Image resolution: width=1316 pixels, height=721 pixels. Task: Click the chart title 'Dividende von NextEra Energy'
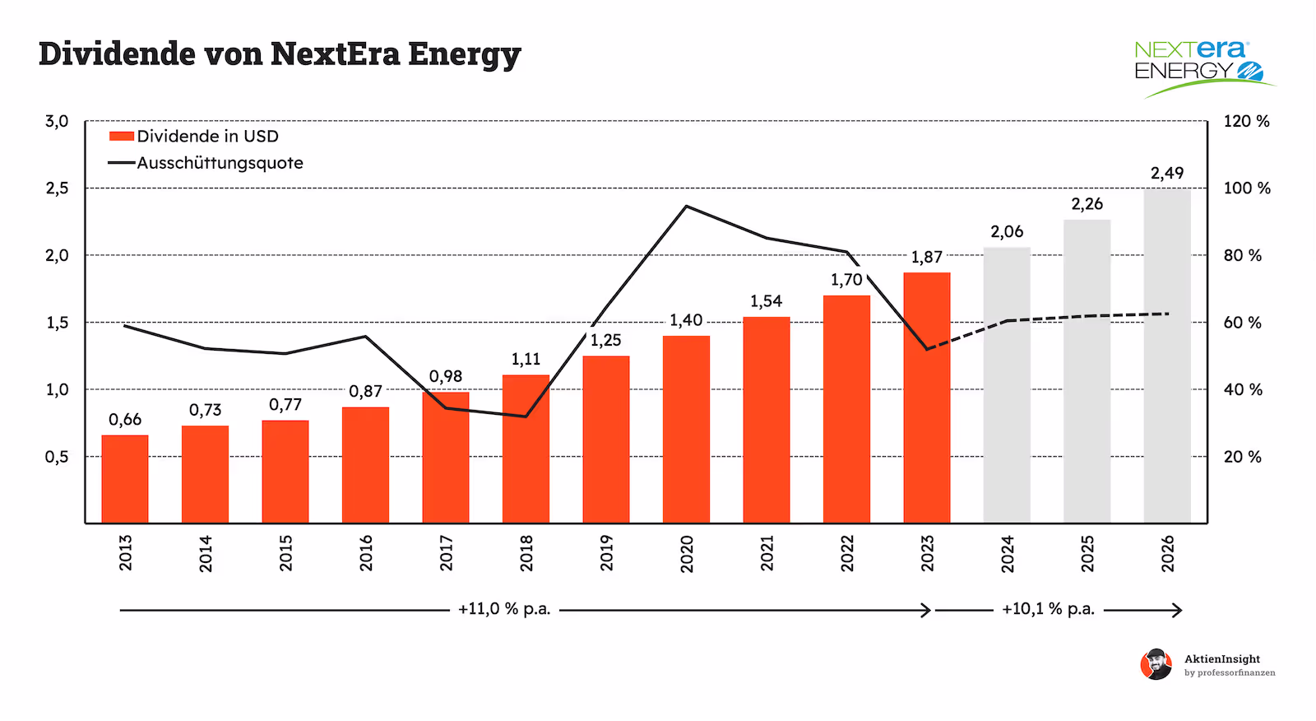(x=280, y=54)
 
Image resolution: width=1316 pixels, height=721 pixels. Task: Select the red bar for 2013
(x=125, y=479)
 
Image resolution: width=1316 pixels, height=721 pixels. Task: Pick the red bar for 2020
(x=686, y=429)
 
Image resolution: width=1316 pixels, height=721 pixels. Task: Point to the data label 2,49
(x=1167, y=173)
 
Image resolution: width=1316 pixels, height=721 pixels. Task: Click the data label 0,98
(x=446, y=376)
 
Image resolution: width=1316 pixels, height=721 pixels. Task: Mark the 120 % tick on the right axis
(x=1246, y=122)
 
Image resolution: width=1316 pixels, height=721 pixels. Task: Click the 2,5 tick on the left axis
(x=57, y=188)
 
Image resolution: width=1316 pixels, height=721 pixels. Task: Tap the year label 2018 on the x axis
(x=526, y=552)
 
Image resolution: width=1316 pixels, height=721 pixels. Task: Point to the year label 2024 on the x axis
(x=1008, y=552)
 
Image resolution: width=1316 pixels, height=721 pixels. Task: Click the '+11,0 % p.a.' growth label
(x=503, y=609)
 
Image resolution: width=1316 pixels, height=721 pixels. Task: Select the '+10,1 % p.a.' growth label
(x=1048, y=609)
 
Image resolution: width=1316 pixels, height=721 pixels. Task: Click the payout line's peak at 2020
(x=687, y=206)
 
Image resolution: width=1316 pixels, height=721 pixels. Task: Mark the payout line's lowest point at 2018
(x=526, y=416)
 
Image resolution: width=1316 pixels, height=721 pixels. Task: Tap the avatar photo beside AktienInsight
(x=1156, y=664)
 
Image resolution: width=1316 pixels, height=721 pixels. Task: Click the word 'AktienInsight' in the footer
(x=1221, y=658)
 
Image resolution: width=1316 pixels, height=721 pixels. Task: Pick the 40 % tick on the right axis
(x=1242, y=390)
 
